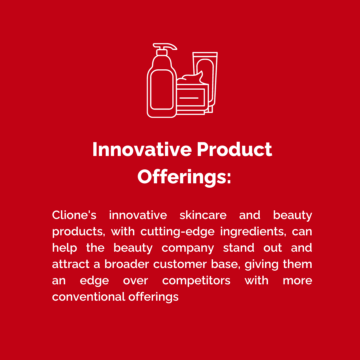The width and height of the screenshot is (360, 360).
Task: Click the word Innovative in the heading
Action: tap(142, 149)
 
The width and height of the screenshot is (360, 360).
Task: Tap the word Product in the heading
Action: tap(234, 149)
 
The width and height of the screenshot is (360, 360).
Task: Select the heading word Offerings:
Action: tap(184, 177)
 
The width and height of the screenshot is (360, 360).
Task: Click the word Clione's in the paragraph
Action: tap(74, 215)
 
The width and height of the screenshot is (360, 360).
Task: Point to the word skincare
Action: tap(203, 215)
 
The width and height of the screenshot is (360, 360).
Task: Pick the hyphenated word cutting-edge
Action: tap(177, 232)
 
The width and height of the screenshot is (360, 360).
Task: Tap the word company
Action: tap(188, 248)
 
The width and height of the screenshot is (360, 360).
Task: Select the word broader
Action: tap(127, 264)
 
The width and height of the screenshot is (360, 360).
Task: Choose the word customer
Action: tap(180, 265)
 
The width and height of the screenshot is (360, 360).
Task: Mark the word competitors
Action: tap(196, 281)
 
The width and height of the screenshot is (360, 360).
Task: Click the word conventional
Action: tap(88, 297)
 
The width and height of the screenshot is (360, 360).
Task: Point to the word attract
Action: tap(71, 265)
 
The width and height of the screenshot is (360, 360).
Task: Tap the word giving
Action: tap(262, 265)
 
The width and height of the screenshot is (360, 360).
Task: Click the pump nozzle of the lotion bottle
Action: tap(165, 46)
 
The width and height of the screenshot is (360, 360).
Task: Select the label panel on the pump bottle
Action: tap(162, 90)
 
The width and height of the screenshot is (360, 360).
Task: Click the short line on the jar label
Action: tap(189, 98)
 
